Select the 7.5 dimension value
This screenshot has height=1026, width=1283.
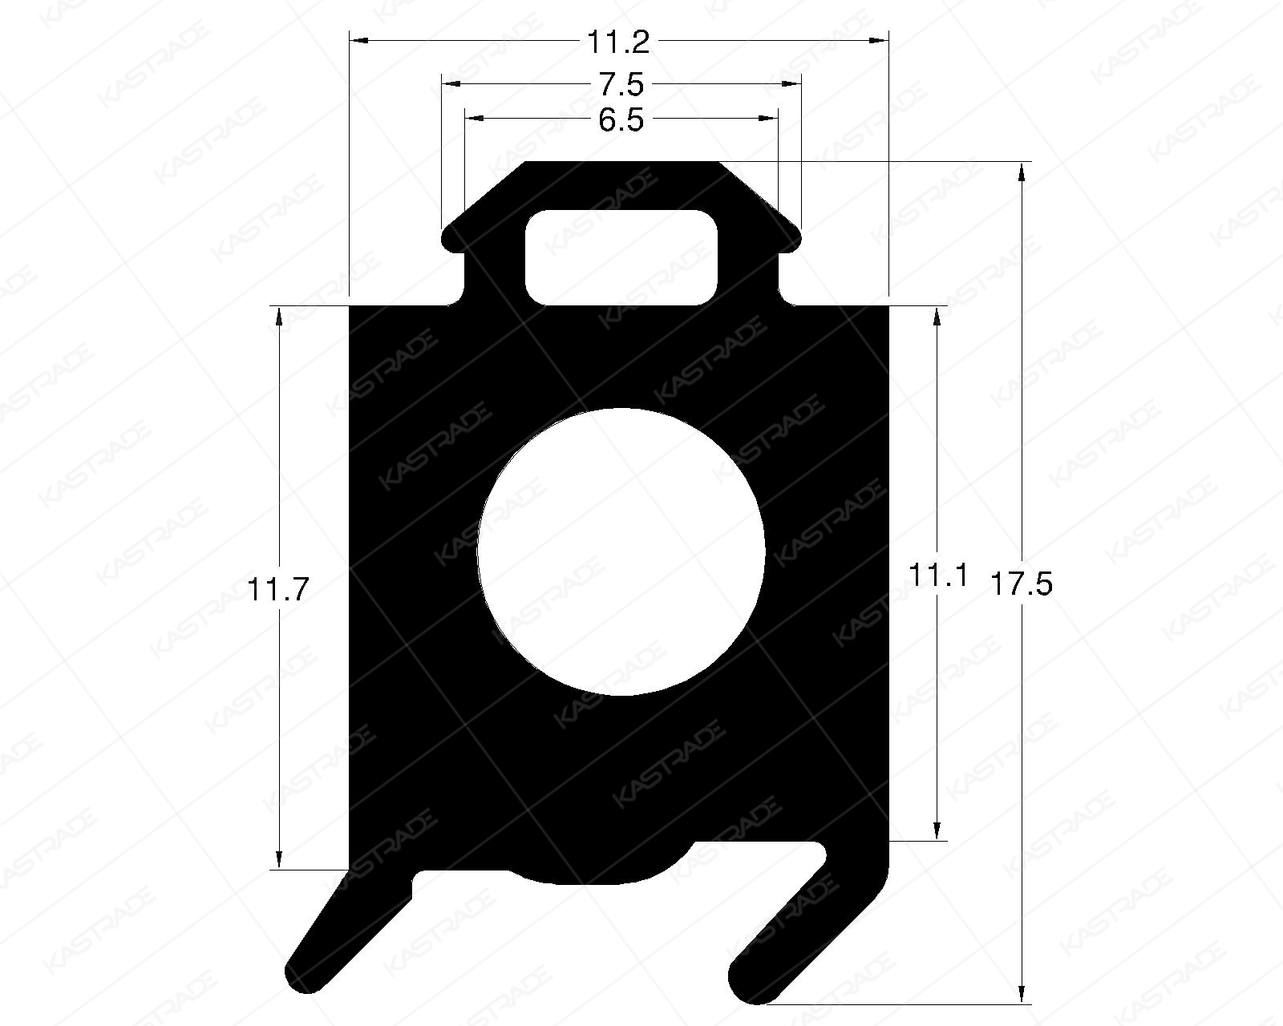pyautogui.click(x=621, y=83)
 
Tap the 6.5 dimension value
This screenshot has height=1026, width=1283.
pyautogui.click(x=621, y=120)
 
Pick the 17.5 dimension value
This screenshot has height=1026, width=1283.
pyautogui.click(x=1021, y=584)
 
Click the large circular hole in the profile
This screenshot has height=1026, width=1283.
pyautogui.click(x=621, y=551)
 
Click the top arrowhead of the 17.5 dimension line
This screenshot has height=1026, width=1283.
pyautogui.click(x=1022, y=170)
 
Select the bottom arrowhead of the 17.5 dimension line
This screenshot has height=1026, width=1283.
pyautogui.click(x=1022, y=996)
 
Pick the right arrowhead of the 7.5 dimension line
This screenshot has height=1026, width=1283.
pyautogui.click(x=794, y=83)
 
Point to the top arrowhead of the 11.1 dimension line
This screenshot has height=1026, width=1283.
pyautogui.click(x=937, y=314)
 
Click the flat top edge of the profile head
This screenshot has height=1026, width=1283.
pyautogui.click(x=621, y=164)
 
